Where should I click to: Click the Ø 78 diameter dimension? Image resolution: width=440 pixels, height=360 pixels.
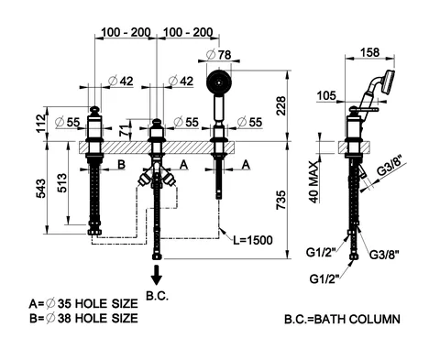pyautogui.click(x=219, y=55)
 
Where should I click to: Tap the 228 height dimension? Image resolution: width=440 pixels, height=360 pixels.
pyautogui.click(x=280, y=106)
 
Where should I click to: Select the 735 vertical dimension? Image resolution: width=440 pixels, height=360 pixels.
pyautogui.click(x=280, y=200)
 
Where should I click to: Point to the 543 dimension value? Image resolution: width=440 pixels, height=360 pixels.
pyautogui.click(x=41, y=188)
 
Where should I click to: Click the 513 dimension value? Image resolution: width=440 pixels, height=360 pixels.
pyautogui.click(x=62, y=182)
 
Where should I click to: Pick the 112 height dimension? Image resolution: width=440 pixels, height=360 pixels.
pyautogui.click(x=41, y=124)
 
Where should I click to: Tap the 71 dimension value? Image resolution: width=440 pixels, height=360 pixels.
pyautogui.click(x=124, y=131)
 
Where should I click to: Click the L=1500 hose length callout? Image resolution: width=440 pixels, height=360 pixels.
pyautogui.click(x=253, y=240)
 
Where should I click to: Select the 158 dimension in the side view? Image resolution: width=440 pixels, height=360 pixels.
pyautogui.click(x=369, y=52)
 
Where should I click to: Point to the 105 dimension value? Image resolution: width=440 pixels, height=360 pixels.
pyautogui.click(x=326, y=95)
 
